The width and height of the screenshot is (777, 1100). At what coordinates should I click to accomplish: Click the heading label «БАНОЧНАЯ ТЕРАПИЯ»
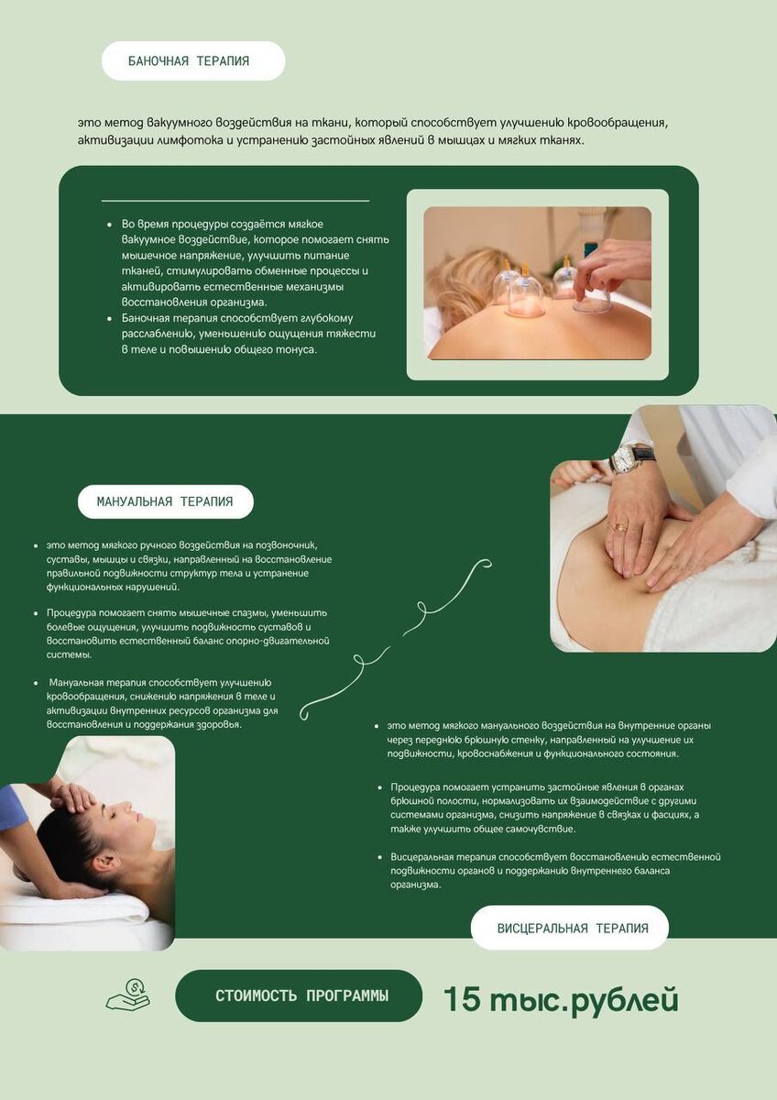[189, 60]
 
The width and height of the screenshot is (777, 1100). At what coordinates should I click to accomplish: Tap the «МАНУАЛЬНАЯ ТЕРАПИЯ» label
[165, 502]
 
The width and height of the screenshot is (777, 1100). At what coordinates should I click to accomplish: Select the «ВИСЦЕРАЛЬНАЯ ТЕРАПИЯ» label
[573, 928]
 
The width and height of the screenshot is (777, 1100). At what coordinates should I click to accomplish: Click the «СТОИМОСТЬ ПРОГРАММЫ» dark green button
[299, 995]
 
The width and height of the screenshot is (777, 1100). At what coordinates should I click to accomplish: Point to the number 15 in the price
[462, 998]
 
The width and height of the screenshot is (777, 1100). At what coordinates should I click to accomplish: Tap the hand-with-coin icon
[128, 994]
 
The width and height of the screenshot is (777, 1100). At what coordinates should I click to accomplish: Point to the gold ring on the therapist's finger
[620, 527]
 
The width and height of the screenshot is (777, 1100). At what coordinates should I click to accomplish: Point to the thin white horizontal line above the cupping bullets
[235, 201]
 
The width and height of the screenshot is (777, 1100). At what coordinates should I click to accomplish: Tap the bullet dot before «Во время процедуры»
[109, 225]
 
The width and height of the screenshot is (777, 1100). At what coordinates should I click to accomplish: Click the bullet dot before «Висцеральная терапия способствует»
[380, 857]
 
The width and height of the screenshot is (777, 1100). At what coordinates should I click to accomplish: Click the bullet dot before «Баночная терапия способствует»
[109, 319]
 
